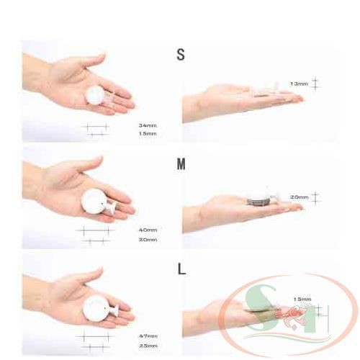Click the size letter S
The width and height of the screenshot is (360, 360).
pos(181,54)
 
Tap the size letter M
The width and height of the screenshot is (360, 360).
pos(181,163)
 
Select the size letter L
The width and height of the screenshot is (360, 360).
pos(181,270)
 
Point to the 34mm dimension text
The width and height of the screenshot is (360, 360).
pos(148,125)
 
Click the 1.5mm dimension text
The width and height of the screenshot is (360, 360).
pos(148,134)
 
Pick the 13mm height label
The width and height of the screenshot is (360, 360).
pos(299,84)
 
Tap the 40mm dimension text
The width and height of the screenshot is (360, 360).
pos(148,230)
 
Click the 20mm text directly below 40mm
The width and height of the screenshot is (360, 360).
pos(148,239)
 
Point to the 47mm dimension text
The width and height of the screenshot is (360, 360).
pos(148,336)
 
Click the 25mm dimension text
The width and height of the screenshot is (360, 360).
pos(148,346)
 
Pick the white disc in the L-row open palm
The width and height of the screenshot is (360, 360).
pos(96,309)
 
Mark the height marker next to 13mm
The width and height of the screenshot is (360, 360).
pos(315,84)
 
